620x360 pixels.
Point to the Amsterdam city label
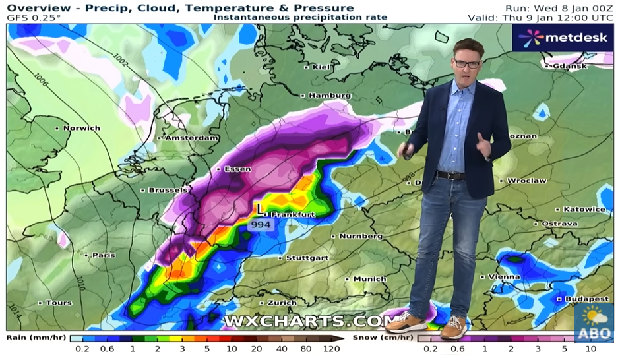pyautogui.click(x=191, y=138)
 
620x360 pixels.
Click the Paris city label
pyautogui.click(x=104, y=255)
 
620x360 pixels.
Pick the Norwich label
pyautogui.click(x=81, y=128)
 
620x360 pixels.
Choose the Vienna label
pyautogui.click(x=505, y=277)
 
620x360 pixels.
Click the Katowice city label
pyautogui.click(x=584, y=210)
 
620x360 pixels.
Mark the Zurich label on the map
pyautogui.click(x=282, y=303)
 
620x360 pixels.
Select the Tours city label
pyautogui.click(x=59, y=303)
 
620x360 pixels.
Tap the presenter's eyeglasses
pyautogui.click(x=467, y=63)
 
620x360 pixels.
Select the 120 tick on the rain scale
pyautogui.click(x=331, y=349)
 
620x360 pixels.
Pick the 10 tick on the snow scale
pyautogui.click(x=590, y=349)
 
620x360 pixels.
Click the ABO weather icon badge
pyautogui.click(x=593, y=322)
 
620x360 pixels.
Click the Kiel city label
pyautogui.click(x=321, y=67)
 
